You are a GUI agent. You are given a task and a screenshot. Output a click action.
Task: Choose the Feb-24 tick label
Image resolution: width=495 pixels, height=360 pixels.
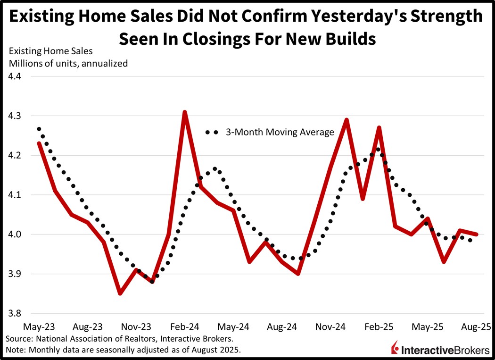tap(184, 327)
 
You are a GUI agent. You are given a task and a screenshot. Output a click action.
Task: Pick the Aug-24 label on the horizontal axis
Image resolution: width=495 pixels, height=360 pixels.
tap(281, 327)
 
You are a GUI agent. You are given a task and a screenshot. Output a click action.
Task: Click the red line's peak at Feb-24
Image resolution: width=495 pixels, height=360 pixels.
tap(185, 112)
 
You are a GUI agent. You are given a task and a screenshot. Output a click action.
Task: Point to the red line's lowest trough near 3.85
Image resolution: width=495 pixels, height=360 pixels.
tap(120, 293)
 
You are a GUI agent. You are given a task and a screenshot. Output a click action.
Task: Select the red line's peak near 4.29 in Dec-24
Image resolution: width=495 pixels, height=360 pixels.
tap(346, 120)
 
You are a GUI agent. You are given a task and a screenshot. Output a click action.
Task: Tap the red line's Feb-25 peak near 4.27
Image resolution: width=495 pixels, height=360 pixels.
tap(379, 127)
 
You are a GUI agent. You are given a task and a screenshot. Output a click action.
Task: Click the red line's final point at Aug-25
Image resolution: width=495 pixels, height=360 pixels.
tap(477, 234)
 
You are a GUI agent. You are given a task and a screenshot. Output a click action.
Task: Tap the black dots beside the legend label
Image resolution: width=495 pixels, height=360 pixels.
tap(212, 133)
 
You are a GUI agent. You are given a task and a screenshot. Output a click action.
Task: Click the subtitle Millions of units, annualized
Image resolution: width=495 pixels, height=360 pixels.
tap(68, 63)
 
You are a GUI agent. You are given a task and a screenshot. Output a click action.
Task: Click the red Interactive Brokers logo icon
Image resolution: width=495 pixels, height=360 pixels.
tap(395, 348)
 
